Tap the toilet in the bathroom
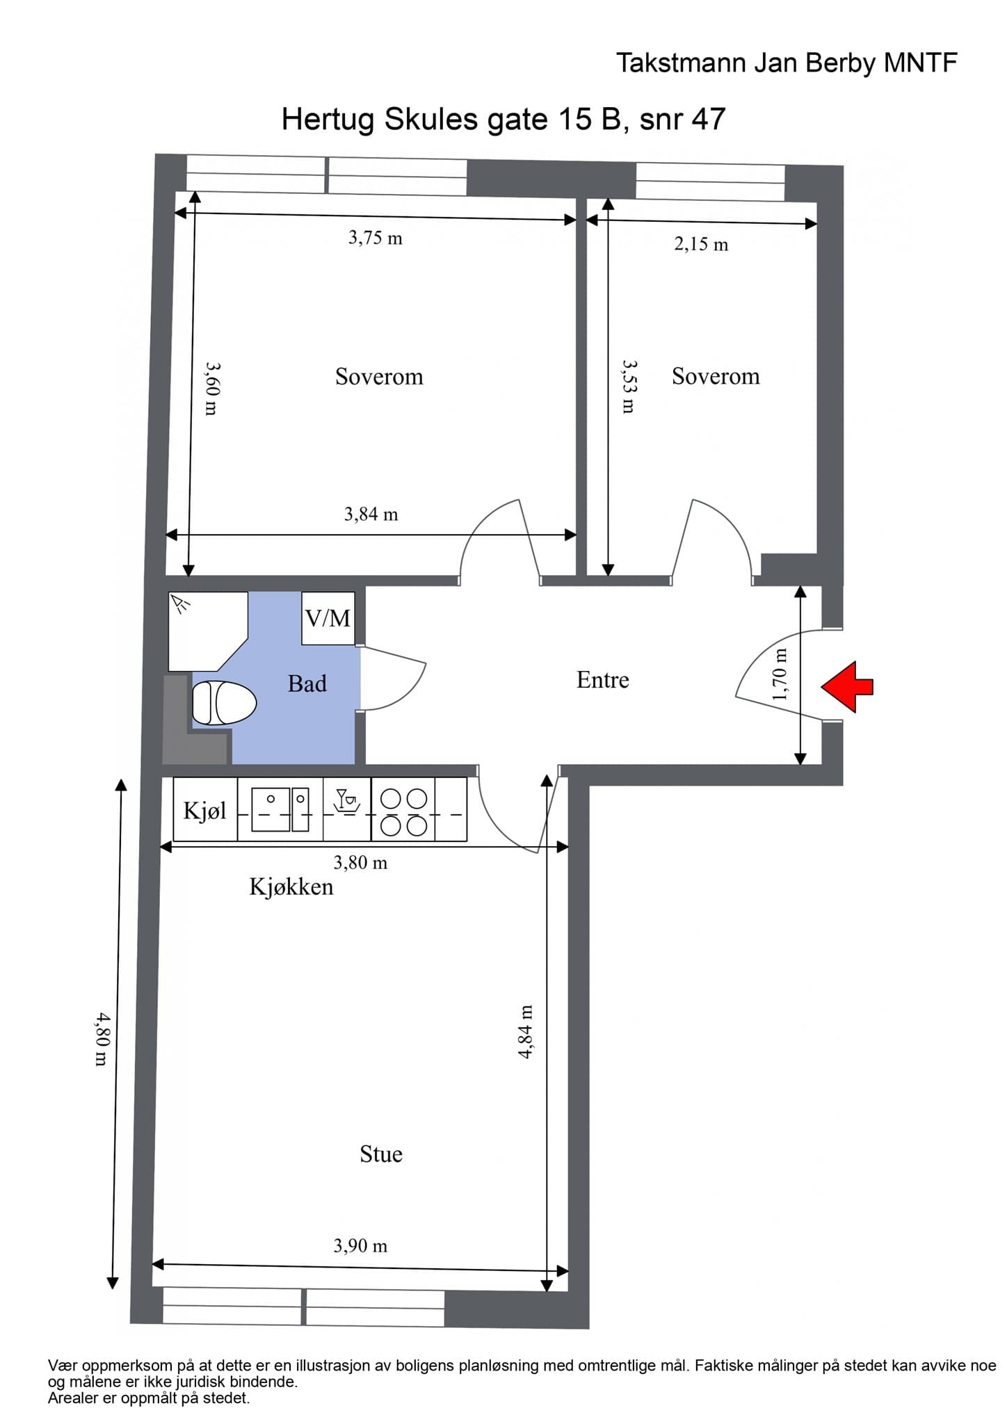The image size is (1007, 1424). pos(224,703)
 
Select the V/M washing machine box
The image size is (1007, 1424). pos(328,618)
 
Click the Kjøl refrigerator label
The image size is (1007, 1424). pos(205,811)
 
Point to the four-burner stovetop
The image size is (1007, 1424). pos(403,811)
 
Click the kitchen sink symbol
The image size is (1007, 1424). pos(280,809)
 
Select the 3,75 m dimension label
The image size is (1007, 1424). pos(375,238)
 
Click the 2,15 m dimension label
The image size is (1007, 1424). pos(701,245)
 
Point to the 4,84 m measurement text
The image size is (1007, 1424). pos(526,1032)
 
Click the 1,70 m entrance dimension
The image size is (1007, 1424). pos(780,674)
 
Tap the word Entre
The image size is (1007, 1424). pos(602,680)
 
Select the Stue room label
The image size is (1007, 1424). pos(380,1154)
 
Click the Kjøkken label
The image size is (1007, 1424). pos(291,887)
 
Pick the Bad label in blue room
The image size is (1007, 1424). pos(307,684)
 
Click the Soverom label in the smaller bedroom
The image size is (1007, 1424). pos(715,377)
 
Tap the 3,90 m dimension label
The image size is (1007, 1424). pos(360,1246)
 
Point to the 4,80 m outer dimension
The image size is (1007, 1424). pos(102,1039)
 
